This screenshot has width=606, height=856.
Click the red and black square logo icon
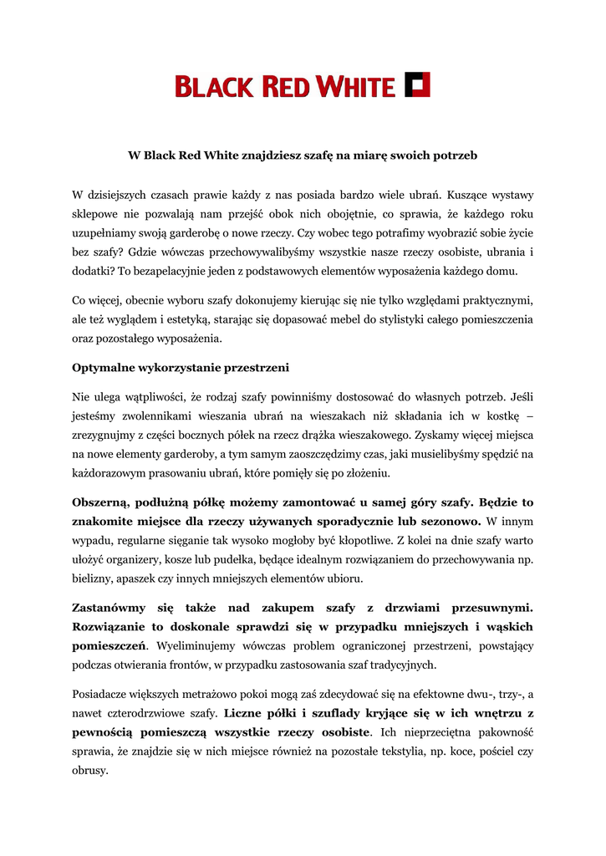pos(417,85)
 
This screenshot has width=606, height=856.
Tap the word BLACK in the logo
pos(214,86)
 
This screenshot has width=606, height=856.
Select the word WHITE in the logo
pos(357,86)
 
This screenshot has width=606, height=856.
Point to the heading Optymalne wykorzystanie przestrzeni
pos(181,368)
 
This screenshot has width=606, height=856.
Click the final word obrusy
pos(91,771)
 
